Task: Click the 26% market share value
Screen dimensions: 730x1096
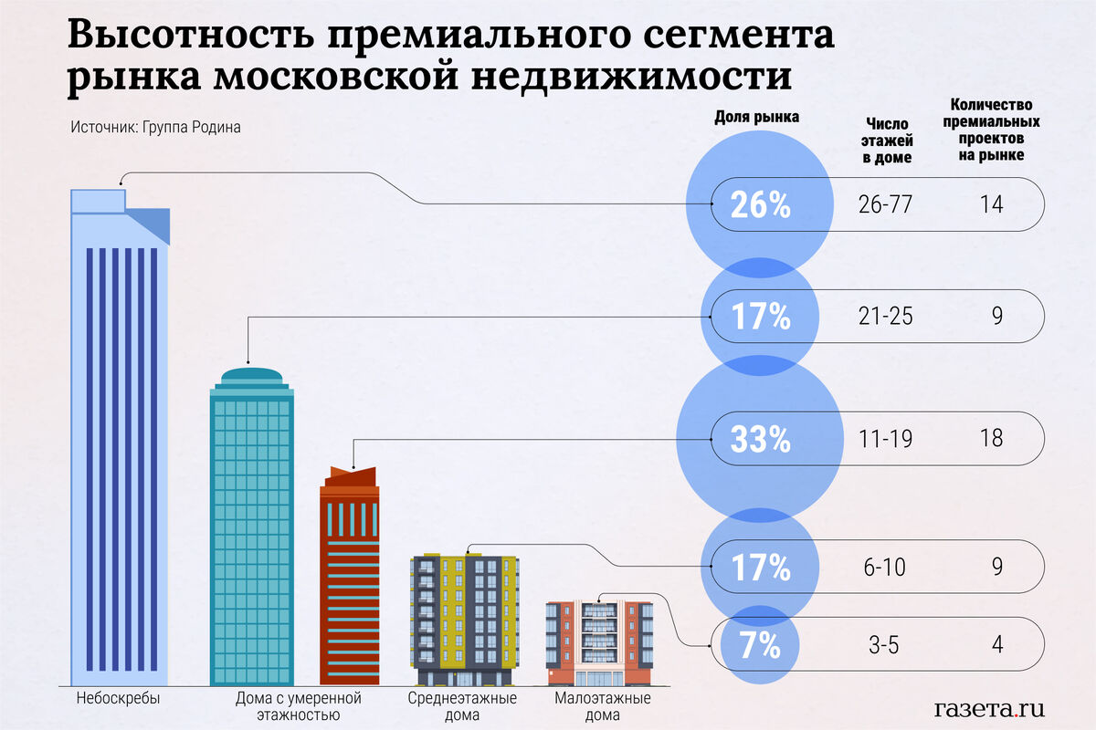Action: coord(760,205)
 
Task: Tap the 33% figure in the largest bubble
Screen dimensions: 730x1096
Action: coord(760,440)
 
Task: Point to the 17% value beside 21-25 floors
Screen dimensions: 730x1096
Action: coord(760,317)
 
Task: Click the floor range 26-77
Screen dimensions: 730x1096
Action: coord(885,204)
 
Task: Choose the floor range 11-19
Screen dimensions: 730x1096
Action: coord(885,439)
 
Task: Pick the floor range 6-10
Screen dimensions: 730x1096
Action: coord(885,567)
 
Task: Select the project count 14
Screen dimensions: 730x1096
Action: coord(991,204)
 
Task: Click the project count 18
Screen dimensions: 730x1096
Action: coord(991,439)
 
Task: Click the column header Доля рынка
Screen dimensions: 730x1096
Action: coord(755,117)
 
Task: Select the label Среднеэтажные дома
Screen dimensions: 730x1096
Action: coord(462,706)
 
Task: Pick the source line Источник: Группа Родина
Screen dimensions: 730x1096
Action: coord(155,128)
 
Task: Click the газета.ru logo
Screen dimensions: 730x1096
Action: coord(989,708)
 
